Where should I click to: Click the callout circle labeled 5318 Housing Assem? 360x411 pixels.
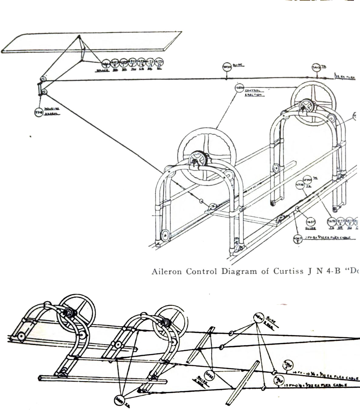tap(38, 112)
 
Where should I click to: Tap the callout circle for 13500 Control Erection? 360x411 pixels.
tap(239, 88)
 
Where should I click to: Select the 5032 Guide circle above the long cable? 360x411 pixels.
tap(227, 67)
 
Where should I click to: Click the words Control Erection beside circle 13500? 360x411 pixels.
tap(254, 93)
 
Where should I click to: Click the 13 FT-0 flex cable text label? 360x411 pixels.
tap(321, 386)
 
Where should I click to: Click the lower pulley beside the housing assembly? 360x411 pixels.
tap(44, 92)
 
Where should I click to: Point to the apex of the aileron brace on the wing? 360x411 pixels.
tap(79, 36)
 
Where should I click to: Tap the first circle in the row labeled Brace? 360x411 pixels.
tap(106, 64)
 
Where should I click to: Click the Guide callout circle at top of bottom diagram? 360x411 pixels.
tap(258, 317)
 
